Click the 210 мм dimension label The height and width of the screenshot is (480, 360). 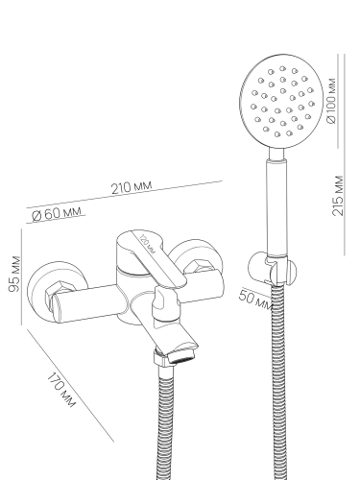pos(132,187)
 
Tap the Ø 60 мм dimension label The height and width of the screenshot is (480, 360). pos(57,213)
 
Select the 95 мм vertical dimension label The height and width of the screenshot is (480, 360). pos(14,274)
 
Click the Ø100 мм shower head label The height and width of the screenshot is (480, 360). pos(331,101)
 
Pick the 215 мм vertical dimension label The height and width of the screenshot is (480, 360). pos(338,196)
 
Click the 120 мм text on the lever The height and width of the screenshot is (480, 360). pos(147,245)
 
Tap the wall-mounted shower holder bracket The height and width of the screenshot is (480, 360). pos(273,269)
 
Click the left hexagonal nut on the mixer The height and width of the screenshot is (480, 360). pos(57,291)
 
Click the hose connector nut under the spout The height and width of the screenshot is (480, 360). pos(161,357)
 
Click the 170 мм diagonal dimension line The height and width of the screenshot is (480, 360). pos(70,385)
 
